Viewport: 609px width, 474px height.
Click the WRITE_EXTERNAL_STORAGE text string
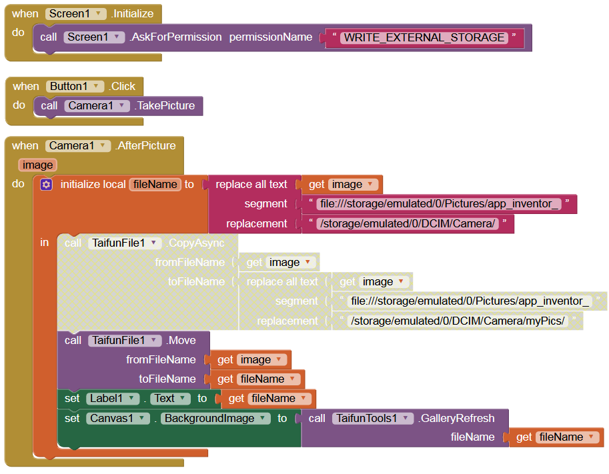[424, 37]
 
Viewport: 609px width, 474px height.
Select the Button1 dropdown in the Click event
[75, 86]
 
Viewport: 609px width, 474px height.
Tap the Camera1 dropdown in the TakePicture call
[96, 105]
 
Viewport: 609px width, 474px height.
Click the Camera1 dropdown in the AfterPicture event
[78, 145]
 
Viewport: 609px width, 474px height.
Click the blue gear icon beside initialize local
[46, 185]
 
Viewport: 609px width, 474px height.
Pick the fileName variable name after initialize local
[155, 185]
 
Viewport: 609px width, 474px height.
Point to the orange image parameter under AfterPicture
[37, 165]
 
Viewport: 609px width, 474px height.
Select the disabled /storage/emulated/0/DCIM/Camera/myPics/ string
[458, 321]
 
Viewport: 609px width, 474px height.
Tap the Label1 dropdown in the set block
[112, 399]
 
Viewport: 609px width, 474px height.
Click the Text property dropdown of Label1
[167, 399]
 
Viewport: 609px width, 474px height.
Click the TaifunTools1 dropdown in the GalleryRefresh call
[372, 419]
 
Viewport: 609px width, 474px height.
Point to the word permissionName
[270, 37]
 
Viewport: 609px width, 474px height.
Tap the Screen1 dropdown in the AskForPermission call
[94, 37]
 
